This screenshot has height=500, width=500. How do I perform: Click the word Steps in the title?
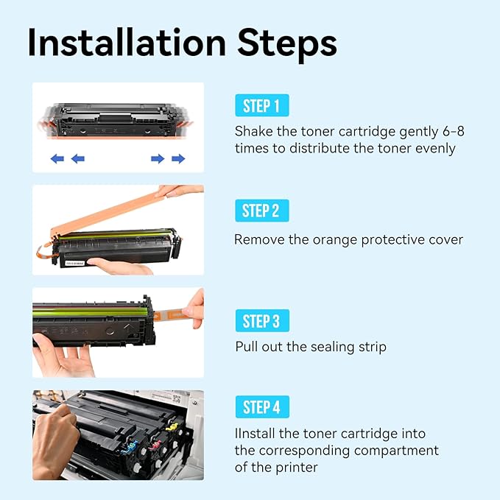[295, 43]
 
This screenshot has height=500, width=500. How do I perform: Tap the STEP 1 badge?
[261, 106]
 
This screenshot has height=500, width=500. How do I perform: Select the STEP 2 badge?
[261, 211]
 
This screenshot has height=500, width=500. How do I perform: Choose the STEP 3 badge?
[261, 321]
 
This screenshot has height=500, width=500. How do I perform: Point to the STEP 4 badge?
[261, 407]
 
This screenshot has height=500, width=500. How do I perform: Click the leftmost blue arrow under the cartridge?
[57, 158]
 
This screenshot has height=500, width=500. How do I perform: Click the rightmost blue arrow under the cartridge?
[178, 158]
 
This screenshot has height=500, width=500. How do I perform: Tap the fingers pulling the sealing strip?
[194, 306]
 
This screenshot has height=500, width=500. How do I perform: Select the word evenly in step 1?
[434, 149]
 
